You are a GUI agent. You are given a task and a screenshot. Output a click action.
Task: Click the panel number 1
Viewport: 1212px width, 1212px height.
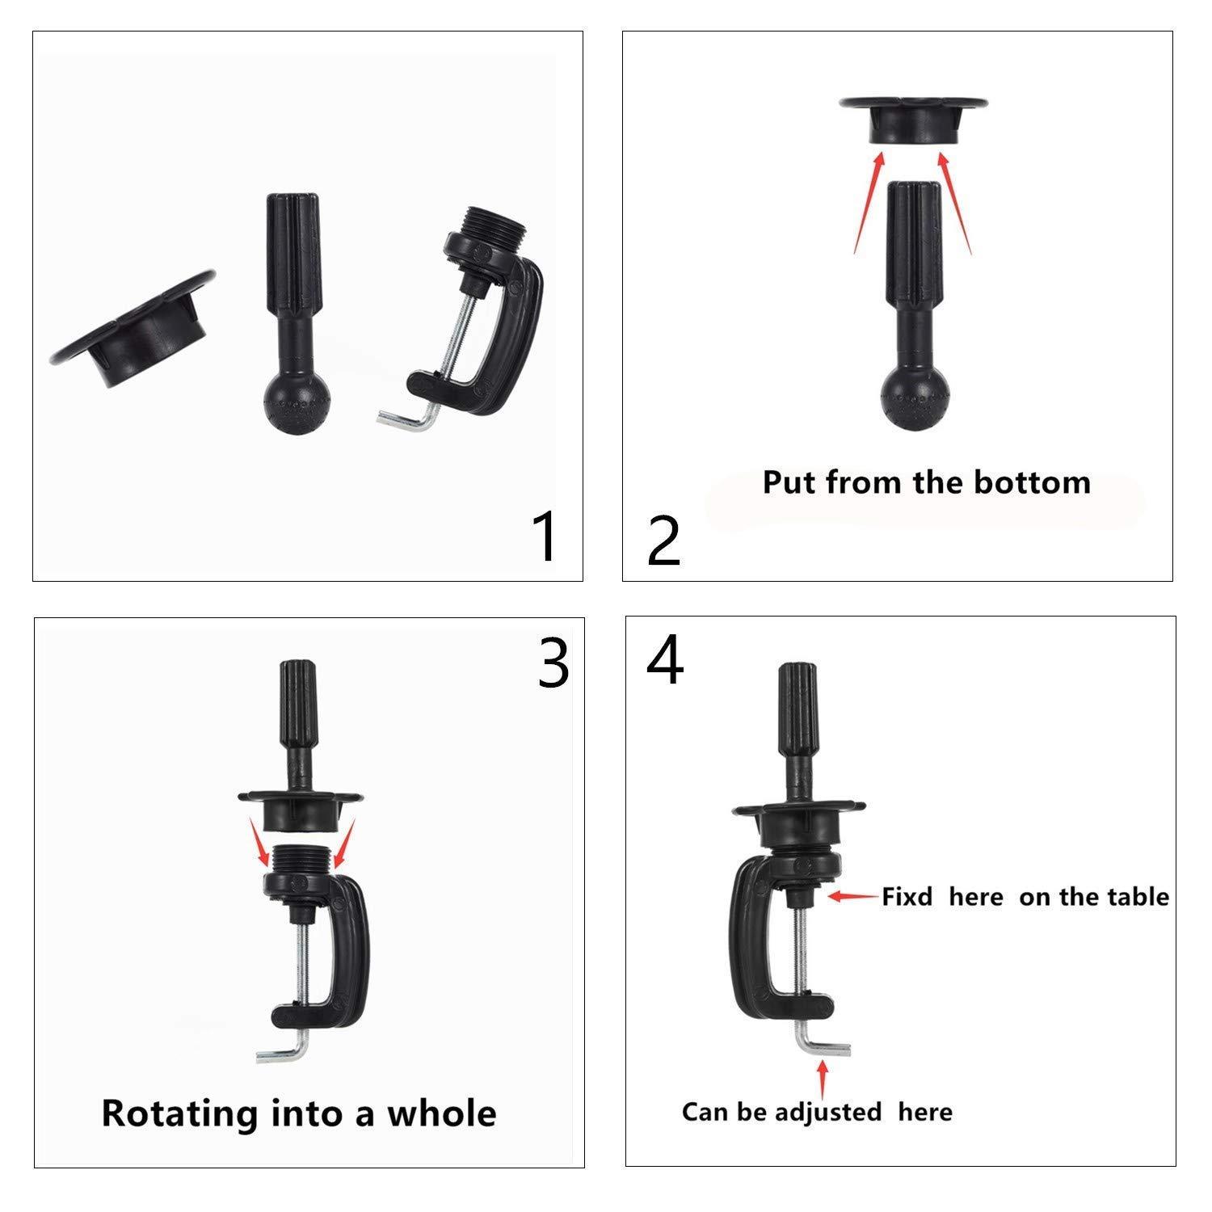[x=546, y=537]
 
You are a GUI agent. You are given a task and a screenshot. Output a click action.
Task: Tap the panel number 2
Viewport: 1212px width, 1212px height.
[x=663, y=542]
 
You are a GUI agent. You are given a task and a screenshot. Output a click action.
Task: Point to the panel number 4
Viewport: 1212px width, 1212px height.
[x=664, y=661]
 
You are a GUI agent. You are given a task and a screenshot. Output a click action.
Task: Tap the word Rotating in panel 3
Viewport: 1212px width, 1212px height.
[x=179, y=1113]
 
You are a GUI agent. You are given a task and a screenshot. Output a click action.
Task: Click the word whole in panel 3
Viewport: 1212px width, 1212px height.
[x=442, y=1113]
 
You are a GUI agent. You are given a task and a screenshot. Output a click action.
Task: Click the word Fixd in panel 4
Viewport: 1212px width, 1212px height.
[x=907, y=897]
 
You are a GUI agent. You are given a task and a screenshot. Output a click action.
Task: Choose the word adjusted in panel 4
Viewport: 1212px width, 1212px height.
[x=828, y=1113]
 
